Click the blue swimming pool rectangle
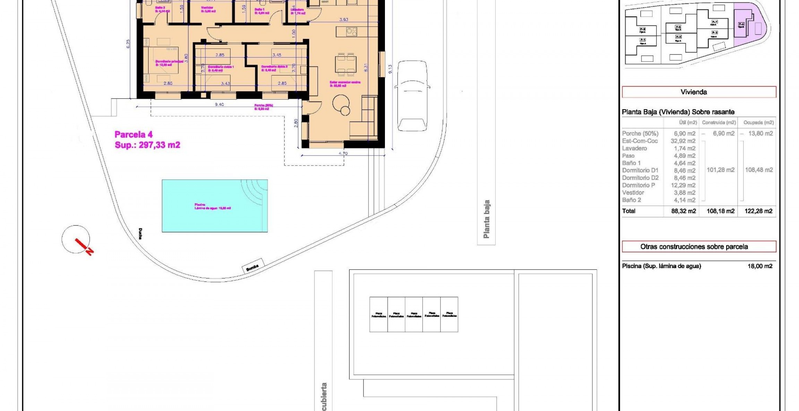214,206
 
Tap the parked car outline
412,96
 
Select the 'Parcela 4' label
134,135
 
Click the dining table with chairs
345,65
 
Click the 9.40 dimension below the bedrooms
219,104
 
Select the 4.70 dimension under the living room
343,153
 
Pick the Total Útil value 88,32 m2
684,211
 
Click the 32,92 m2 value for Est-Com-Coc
683,141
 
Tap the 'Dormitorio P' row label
638,185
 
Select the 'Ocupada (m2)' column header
758,122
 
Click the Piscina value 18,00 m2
760,266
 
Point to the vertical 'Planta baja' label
486,219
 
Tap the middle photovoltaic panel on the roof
414,315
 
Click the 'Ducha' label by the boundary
140,233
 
